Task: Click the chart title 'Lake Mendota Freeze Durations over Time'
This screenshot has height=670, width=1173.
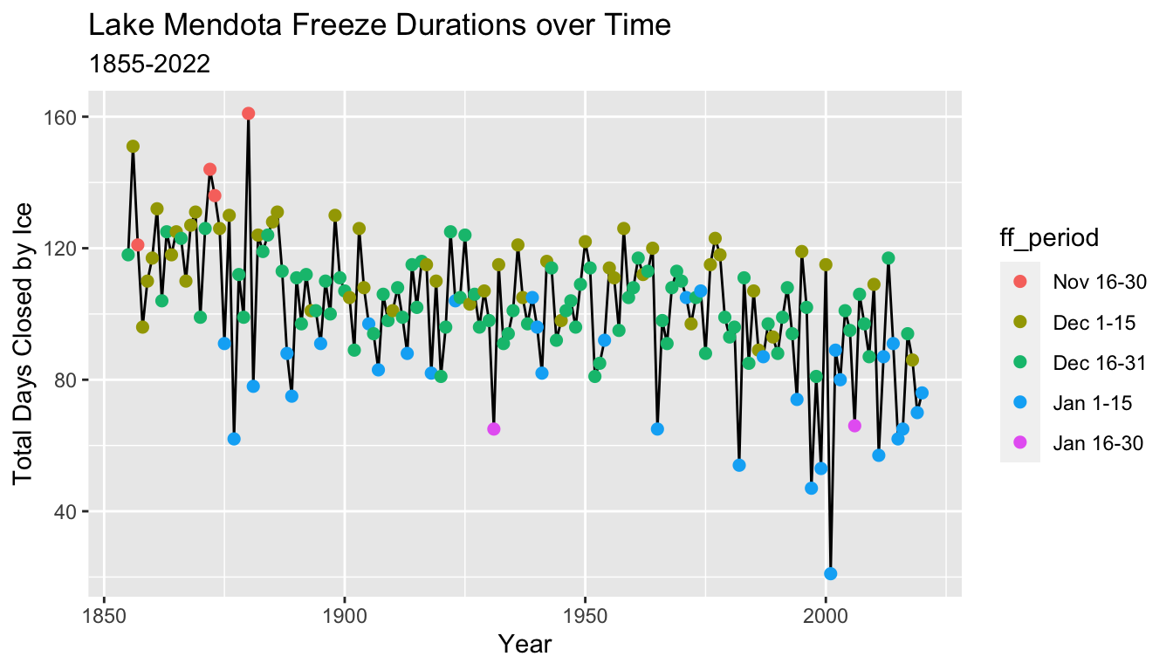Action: (x=380, y=27)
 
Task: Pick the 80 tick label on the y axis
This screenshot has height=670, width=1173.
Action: (x=66, y=380)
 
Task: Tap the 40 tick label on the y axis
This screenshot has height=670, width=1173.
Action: (x=66, y=511)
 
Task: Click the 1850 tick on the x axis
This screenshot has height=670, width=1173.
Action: (x=105, y=614)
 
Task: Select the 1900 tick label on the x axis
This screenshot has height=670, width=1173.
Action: (x=345, y=614)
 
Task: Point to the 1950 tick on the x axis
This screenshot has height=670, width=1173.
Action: (x=585, y=614)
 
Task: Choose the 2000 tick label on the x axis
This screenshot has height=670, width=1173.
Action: (x=826, y=614)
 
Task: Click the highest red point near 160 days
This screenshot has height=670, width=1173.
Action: (x=249, y=113)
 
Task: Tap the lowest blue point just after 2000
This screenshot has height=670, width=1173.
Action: (x=831, y=573)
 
